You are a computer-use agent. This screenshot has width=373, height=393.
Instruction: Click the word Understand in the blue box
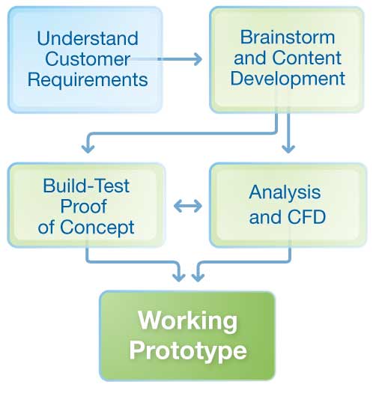click(88, 38)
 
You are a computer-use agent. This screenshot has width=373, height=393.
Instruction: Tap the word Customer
click(88, 59)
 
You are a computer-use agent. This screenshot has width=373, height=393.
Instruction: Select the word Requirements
click(88, 80)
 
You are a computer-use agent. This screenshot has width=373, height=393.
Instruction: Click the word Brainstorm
click(288, 37)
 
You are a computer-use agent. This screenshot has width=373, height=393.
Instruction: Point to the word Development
click(288, 79)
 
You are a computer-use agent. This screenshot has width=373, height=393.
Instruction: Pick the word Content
click(307, 58)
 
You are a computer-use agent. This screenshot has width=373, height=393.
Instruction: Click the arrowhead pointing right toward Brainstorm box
click(198, 59)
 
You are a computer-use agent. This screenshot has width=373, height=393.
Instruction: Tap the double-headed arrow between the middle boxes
click(188, 206)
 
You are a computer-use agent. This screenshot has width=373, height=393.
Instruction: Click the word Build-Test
click(86, 186)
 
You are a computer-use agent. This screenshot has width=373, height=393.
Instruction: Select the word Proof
click(84, 206)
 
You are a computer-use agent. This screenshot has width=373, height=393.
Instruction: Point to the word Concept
click(97, 228)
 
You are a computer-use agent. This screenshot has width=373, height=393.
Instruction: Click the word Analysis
click(285, 192)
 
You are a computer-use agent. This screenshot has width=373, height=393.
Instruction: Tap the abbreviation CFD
click(306, 217)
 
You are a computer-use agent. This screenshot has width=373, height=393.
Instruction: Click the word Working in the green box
click(187, 322)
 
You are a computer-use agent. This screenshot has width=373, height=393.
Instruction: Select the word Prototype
click(188, 352)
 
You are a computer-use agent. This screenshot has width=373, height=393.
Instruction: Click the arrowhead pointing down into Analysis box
click(288, 149)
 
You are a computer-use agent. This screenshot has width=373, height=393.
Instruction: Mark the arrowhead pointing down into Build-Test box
click(88, 149)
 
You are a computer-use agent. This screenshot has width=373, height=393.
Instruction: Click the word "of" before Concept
click(46, 228)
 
